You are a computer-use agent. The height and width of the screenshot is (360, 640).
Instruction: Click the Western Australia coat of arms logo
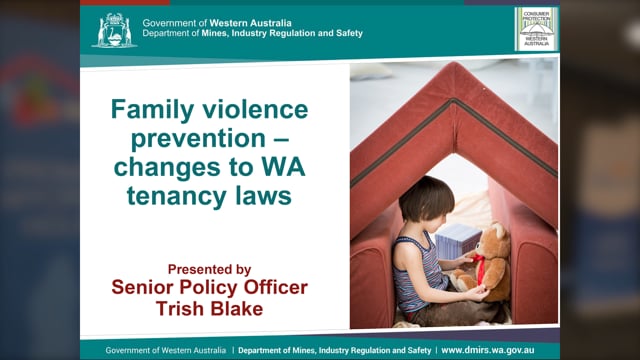[x=114, y=30]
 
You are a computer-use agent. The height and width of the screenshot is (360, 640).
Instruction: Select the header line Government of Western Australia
[x=206, y=22]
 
